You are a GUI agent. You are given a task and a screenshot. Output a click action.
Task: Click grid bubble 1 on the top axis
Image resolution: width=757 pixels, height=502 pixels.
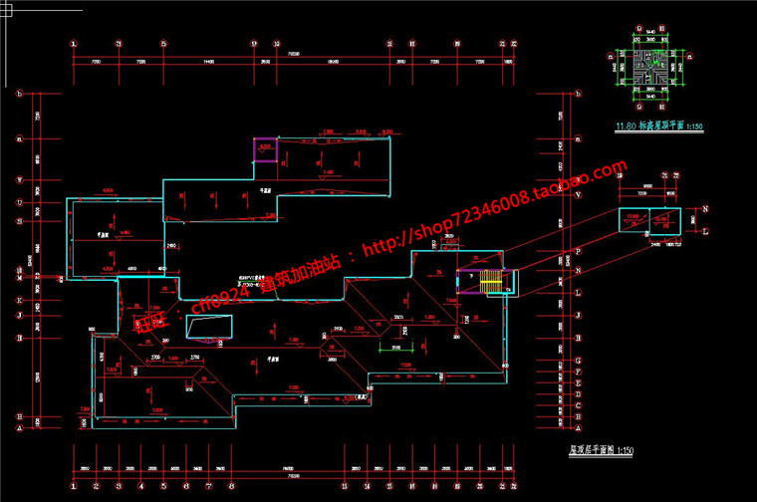coord(74,44)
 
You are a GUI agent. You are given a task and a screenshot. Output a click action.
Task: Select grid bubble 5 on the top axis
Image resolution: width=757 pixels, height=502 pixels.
coord(161,44)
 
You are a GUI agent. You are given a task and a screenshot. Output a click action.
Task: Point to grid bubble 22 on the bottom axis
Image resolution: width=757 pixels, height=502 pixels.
coord(514,487)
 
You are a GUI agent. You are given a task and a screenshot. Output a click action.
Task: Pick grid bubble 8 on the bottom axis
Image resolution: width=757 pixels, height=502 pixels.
coord(231,487)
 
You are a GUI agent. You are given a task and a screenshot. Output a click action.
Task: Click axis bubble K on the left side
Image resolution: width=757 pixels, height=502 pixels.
coord(19,299)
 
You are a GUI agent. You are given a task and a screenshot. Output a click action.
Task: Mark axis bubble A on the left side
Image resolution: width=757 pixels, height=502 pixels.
coord(19,428)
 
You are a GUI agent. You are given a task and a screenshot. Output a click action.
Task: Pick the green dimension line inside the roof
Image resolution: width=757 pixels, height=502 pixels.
coord(395,344)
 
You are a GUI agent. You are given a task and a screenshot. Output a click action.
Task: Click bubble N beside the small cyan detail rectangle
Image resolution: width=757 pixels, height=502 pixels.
coord(705,209)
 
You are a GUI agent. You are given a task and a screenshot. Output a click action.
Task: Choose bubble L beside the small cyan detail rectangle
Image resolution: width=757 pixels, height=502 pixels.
coord(705,231)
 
